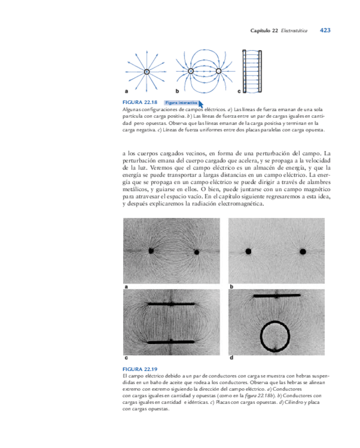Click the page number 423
click(x=325, y=31)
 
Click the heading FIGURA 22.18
click(x=140, y=102)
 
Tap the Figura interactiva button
click(x=181, y=102)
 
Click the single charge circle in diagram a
click(x=146, y=71)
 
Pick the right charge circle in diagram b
click(x=219, y=71)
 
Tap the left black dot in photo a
click(x=151, y=251)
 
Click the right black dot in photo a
click(x=197, y=253)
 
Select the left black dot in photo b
click(x=247, y=251)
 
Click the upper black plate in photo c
click(x=171, y=305)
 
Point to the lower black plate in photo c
click(x=171, y=342)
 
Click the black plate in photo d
click(x=277, y=296)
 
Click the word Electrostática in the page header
click(x=295, y=31)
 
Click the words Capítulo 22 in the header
click(x=264, y=31)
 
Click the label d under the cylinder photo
click(x=232, y=358)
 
